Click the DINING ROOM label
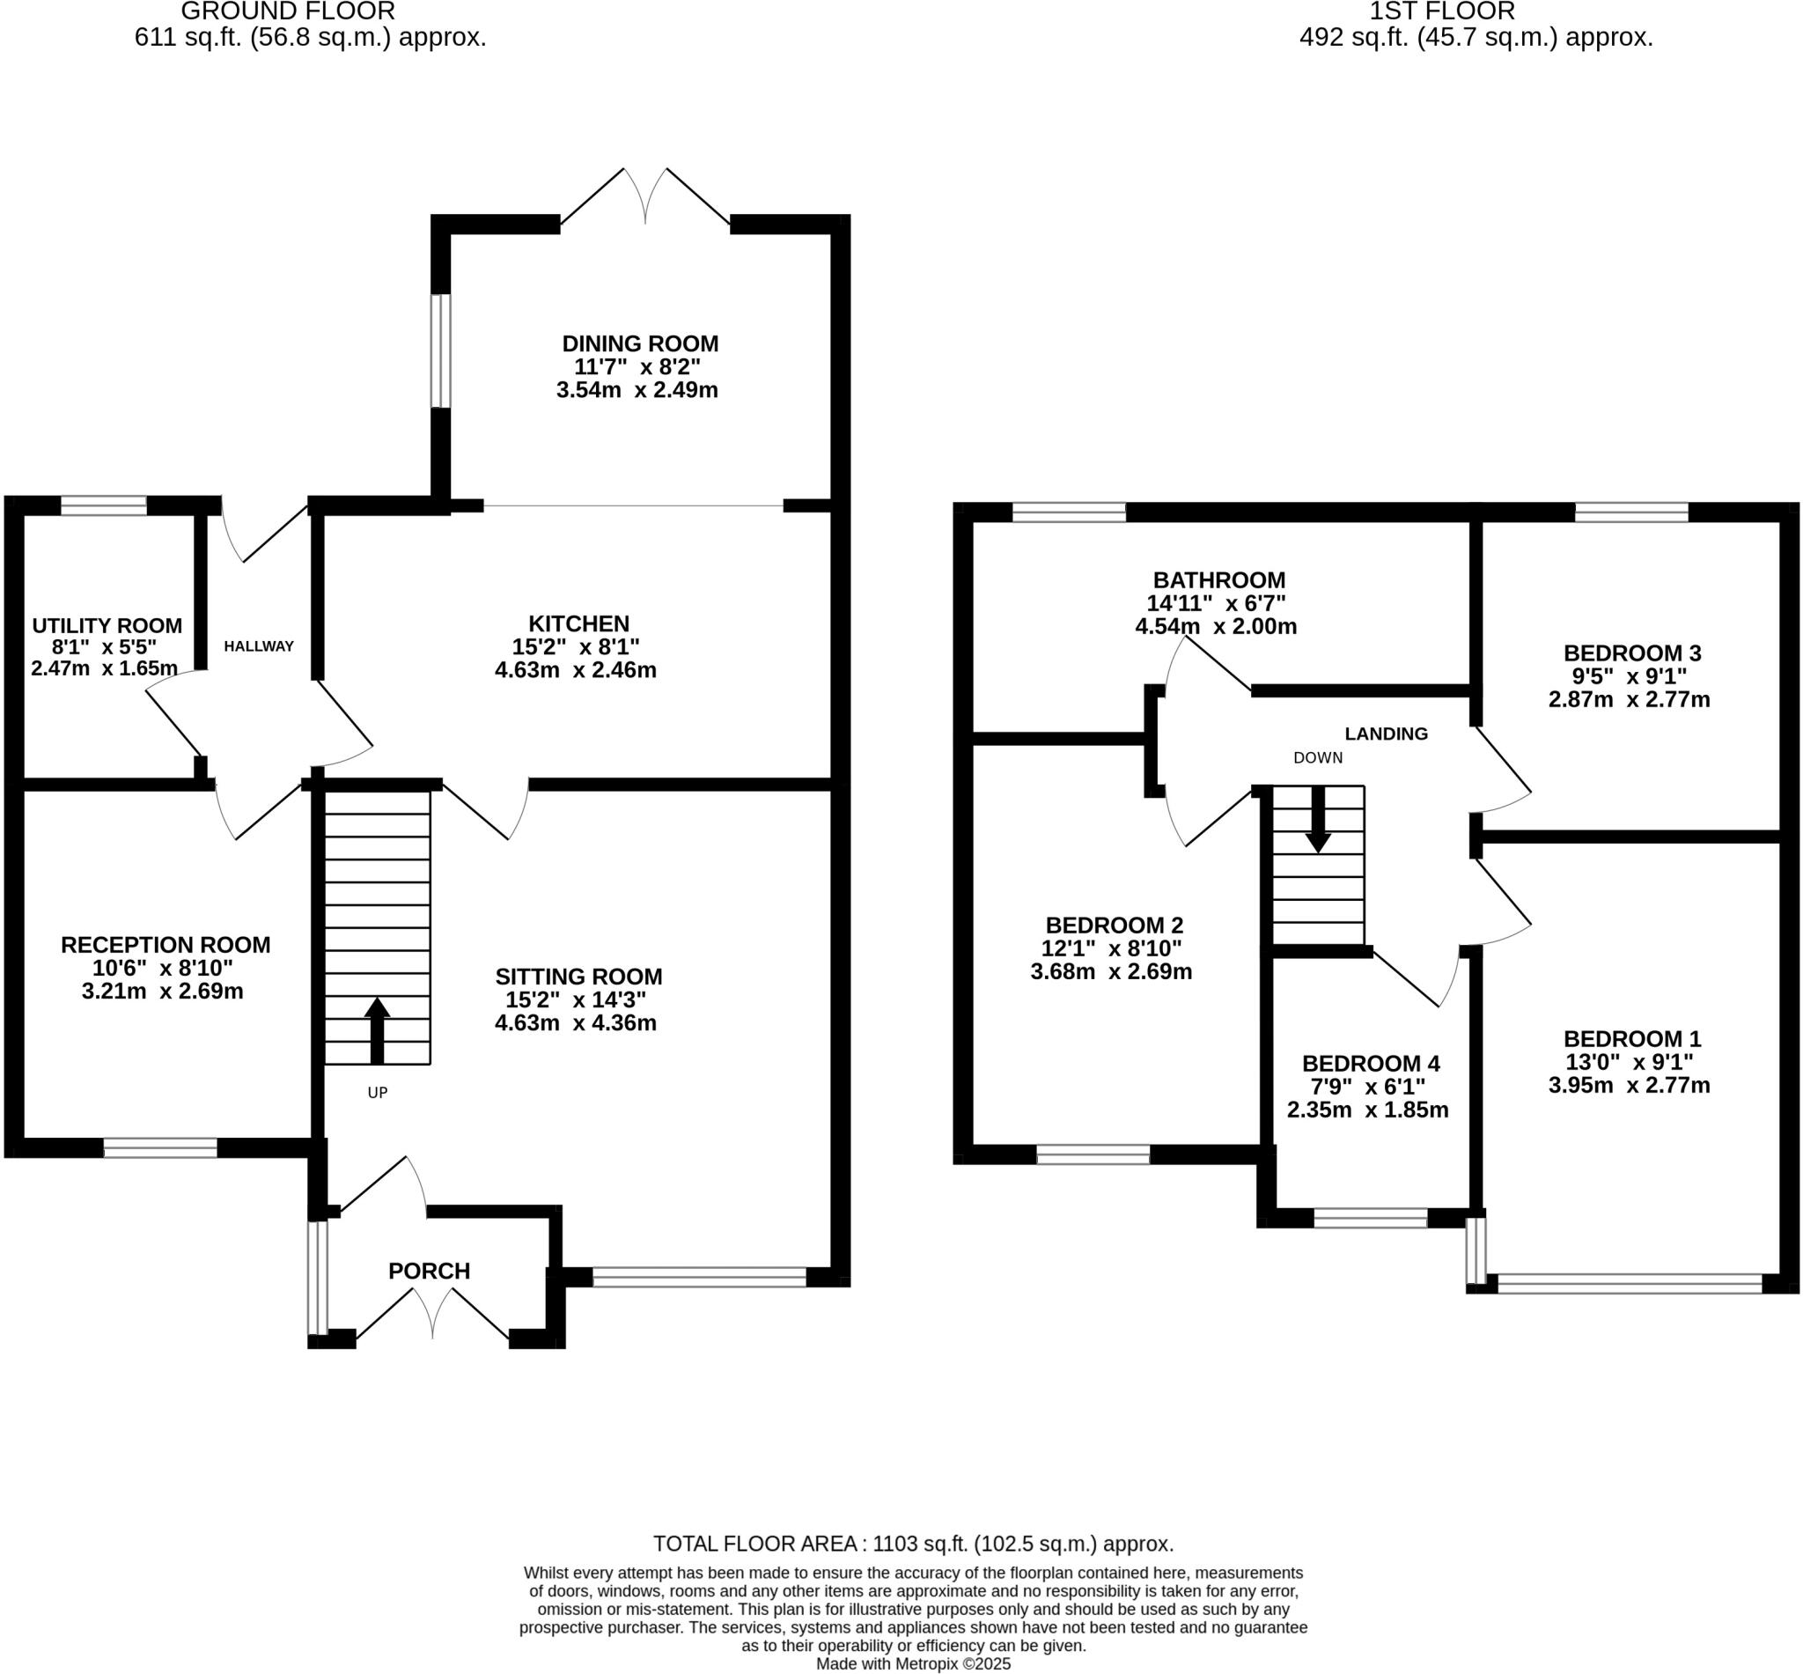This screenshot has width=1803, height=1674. (x=640, y=344)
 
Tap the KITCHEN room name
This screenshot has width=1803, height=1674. (x=578, y=624)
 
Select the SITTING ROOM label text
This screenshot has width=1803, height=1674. (x=578, y=977)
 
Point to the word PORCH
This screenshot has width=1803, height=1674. (x=430, y=1272)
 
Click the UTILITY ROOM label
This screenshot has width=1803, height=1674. (x=107, y=626)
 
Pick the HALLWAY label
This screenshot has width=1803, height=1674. (x=259, y=646)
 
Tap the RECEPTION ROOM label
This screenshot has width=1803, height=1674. (x=166, y=946)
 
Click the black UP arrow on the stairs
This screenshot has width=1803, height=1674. (x=377, y=1031)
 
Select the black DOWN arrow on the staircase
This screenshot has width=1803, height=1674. (x=1319, y=819)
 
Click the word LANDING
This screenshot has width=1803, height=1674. (x=1387, y=734)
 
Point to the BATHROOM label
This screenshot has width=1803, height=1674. (x=1219, y=580)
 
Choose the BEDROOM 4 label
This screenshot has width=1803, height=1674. (x=1371, y=1064)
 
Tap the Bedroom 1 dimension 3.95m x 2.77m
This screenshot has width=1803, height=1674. (x=1630, y=1085)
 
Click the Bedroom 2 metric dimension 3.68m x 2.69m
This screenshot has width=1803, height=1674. (x=1111, y=973)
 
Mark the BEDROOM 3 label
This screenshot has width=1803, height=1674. (x=1633, y=653)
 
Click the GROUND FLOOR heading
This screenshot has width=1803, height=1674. (x=288, y=11)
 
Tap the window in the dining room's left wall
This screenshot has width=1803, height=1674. (x=440, y=350)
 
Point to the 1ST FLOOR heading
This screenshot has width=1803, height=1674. (x=1443, y=11)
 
